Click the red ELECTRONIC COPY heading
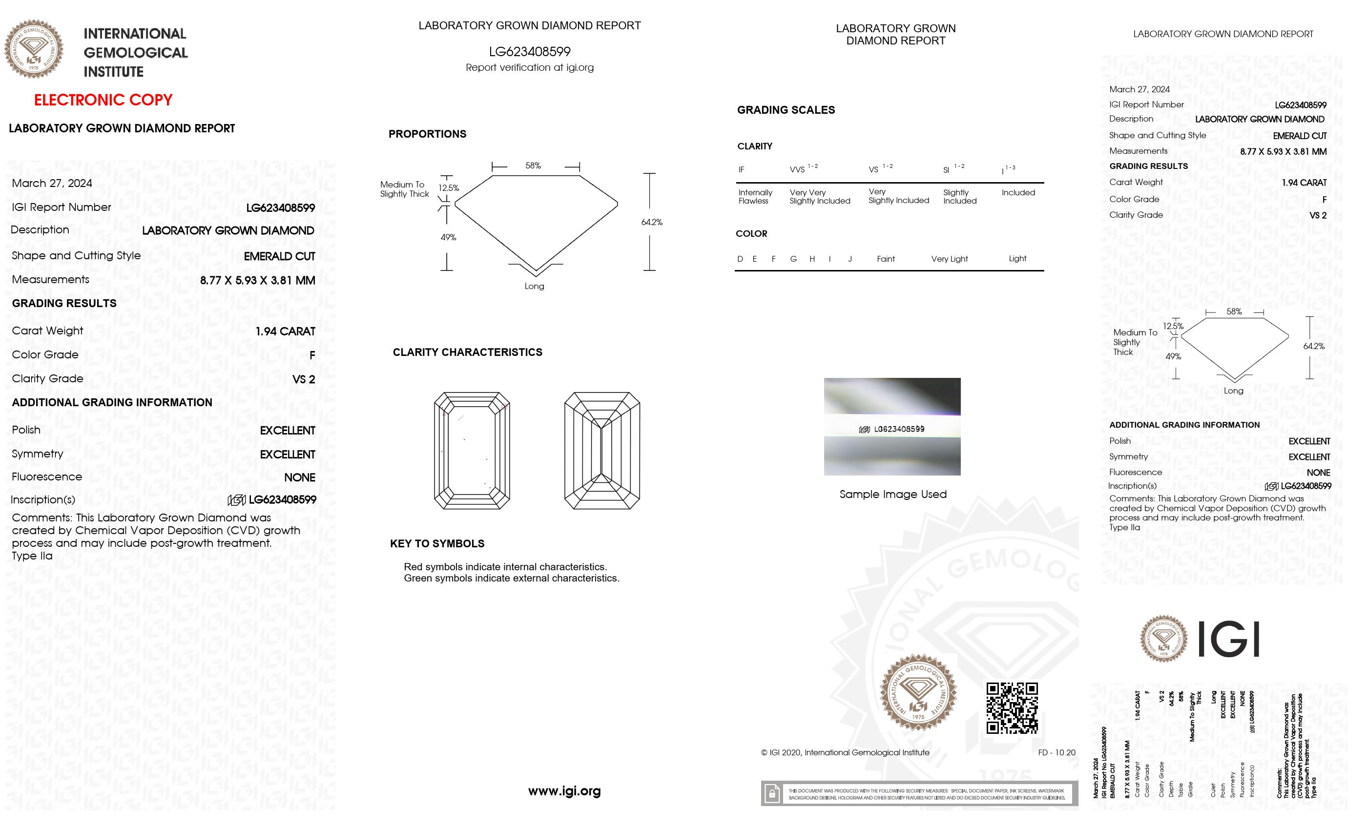click(103, 100)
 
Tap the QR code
click(1012, 708)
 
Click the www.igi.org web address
click(564, 790)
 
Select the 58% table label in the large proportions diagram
click(533, 166)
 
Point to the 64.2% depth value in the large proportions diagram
click(651, 222)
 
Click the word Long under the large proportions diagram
click(534, 286)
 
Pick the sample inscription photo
click(891, 426)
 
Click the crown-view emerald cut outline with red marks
click(472, 451)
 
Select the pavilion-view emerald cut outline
click(602, 451)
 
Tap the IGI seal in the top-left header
click(34, 49)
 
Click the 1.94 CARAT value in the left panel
click(285, 331)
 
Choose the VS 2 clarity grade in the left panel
click(304, 379)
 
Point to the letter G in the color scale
click(793, 259)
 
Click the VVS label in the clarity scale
click(797, 170)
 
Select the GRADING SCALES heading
click(786, 110)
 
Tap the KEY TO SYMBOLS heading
click(437, 544)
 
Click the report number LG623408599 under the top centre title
click(529, 52)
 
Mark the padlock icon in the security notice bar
click(772, 793)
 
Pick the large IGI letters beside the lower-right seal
click(1228, 639)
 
